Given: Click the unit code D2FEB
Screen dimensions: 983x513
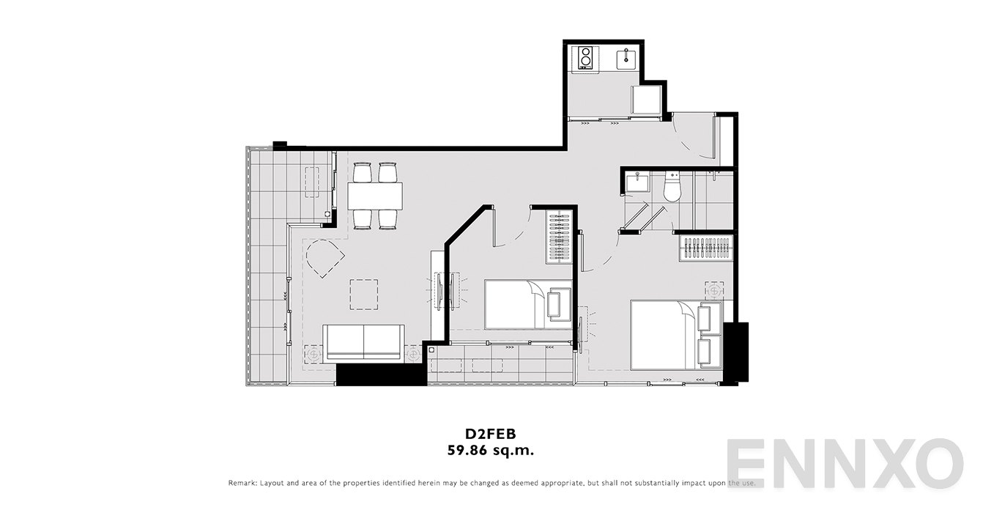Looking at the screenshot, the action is click(x=491, y=434).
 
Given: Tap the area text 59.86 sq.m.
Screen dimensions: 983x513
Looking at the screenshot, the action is click(x=491, y=451).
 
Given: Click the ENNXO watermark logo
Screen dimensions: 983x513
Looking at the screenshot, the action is click(x=845, y=464).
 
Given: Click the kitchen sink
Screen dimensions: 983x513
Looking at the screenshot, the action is click(x=627, y=59).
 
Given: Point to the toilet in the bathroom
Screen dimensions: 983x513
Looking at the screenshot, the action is click(x=672, y=188).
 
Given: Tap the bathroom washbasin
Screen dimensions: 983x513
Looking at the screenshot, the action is click(x=637, y=182).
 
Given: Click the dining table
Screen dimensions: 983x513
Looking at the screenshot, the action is click(x=375, y=196).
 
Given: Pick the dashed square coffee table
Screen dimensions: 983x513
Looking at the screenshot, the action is click(x=364, y=295).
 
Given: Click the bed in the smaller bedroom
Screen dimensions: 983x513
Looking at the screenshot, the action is click(x=528, y=304).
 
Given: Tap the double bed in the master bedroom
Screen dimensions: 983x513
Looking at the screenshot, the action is click(x=676, y=335).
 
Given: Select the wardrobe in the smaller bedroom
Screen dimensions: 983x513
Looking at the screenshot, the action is click(x=560, y=237).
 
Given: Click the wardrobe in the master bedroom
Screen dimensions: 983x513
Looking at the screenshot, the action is click(x=706, y=248).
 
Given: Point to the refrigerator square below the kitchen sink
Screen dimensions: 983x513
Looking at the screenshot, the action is click(x=646, y=100).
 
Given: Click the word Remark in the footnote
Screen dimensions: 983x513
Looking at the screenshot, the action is click(x=242, y=483).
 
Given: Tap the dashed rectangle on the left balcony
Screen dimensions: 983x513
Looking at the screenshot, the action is click(x=312, y=182).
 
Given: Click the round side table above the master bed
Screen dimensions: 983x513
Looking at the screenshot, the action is click(x=714, y=291).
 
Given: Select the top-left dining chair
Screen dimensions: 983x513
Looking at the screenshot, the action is click(x=363, y=172).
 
